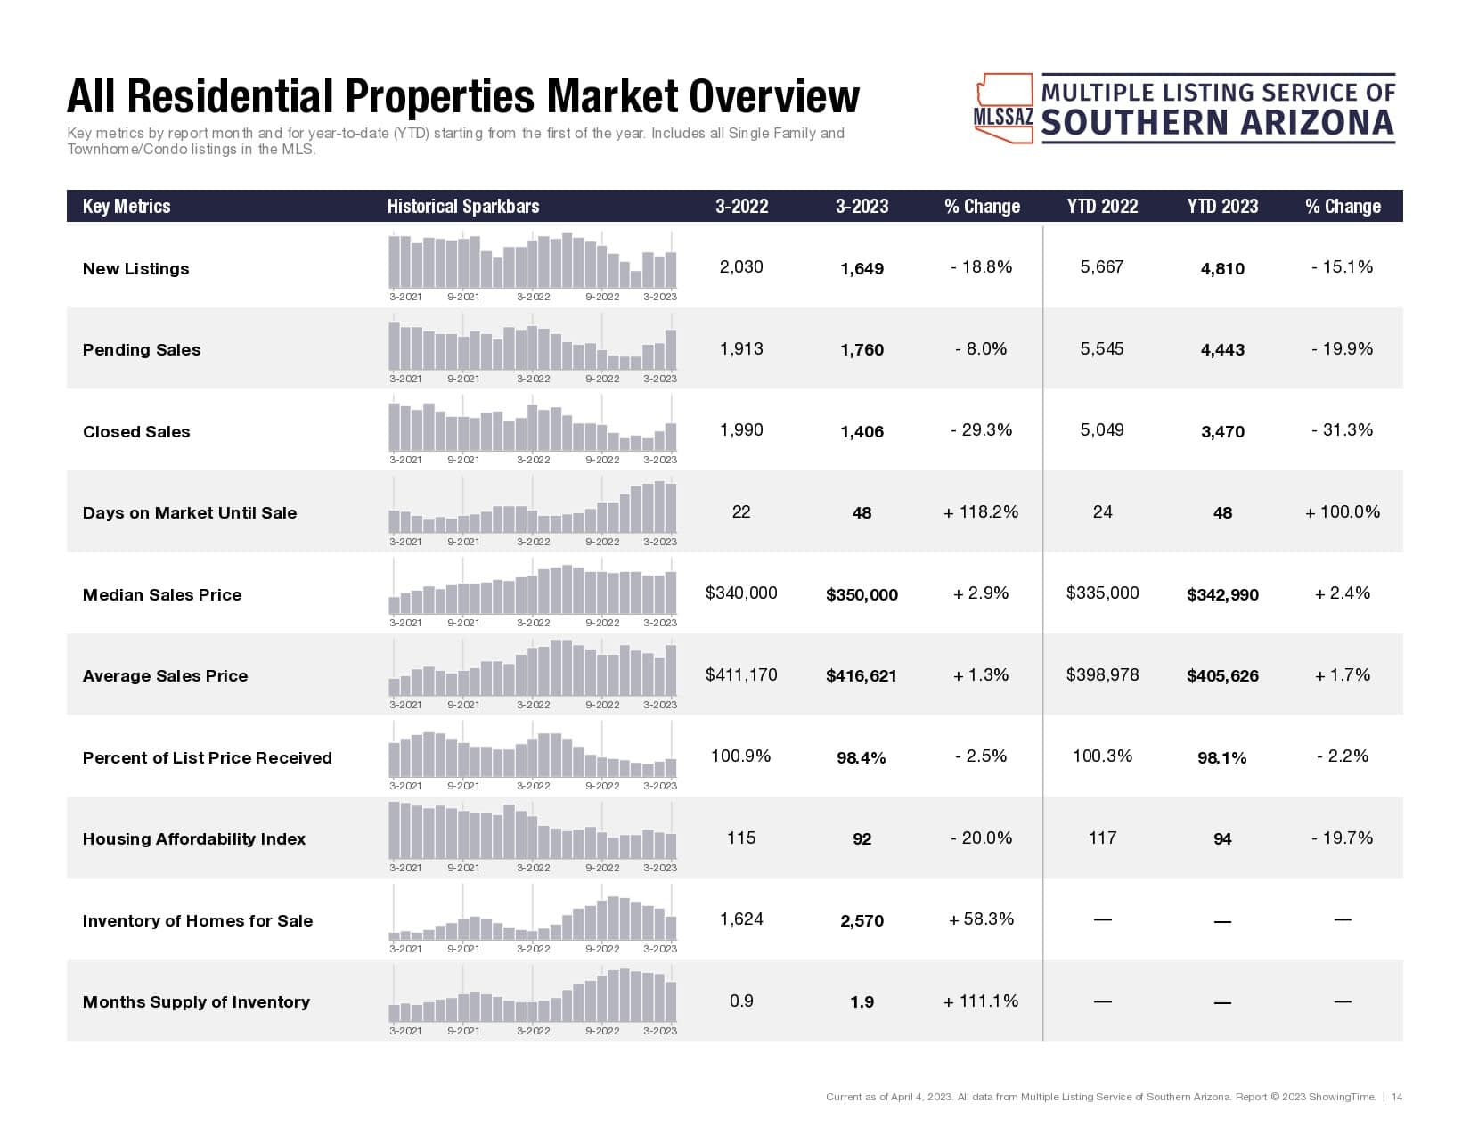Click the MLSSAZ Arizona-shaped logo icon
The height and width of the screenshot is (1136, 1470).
coord(1004,109)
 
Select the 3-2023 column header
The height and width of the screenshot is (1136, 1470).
coord(862,207)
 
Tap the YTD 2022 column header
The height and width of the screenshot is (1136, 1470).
coord(1102,207)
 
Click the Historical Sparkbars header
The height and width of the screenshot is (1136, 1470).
coord(462,207)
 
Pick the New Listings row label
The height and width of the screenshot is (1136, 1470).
coord(135,269)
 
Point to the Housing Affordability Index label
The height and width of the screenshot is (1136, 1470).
coord(193,839)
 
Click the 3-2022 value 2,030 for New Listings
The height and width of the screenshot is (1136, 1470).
coord(741,267)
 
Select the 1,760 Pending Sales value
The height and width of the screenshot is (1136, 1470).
coord(862,350)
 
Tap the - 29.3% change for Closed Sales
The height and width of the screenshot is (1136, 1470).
coord(981,430)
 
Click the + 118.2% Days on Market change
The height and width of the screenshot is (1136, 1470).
coord(981,512)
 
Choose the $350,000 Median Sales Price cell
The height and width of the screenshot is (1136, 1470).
coord(862,595)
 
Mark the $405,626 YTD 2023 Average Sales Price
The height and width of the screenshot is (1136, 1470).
coord(1222,676)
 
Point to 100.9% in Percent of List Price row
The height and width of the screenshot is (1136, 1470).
coord(741,756)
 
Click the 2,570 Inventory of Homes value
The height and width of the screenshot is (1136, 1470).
coord(862,921)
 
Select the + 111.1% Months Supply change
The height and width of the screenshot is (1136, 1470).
coord(981,1001)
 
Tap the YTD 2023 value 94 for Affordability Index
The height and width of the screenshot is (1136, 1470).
coord(1222,839)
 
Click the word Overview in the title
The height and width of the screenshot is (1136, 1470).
coord(775,97)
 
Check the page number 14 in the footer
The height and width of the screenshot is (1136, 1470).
coord(1397,1097)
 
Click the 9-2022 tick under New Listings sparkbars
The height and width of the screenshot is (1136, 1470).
coord(602,297)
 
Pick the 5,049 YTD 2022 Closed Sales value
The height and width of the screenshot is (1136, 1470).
coord(1102,430)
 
